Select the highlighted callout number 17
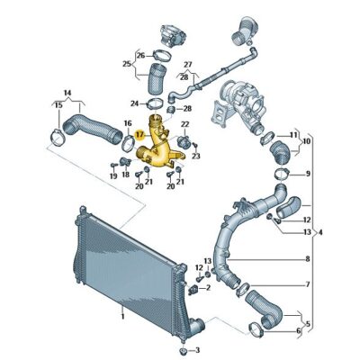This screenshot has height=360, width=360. coord(139,131)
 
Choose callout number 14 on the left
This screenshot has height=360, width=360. coord(67,92)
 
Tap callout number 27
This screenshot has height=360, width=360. coord(187,65)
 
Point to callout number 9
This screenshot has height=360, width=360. coord(308,173)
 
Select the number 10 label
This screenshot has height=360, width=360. coord(308,141)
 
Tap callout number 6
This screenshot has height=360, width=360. coord(300,330)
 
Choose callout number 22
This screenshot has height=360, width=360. coord(185,124)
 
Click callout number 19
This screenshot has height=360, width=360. coord(113,176)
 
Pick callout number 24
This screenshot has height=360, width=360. coord(134,103)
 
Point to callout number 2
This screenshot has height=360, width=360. coord(208,288)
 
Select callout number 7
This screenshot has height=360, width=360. coord(307,285)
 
